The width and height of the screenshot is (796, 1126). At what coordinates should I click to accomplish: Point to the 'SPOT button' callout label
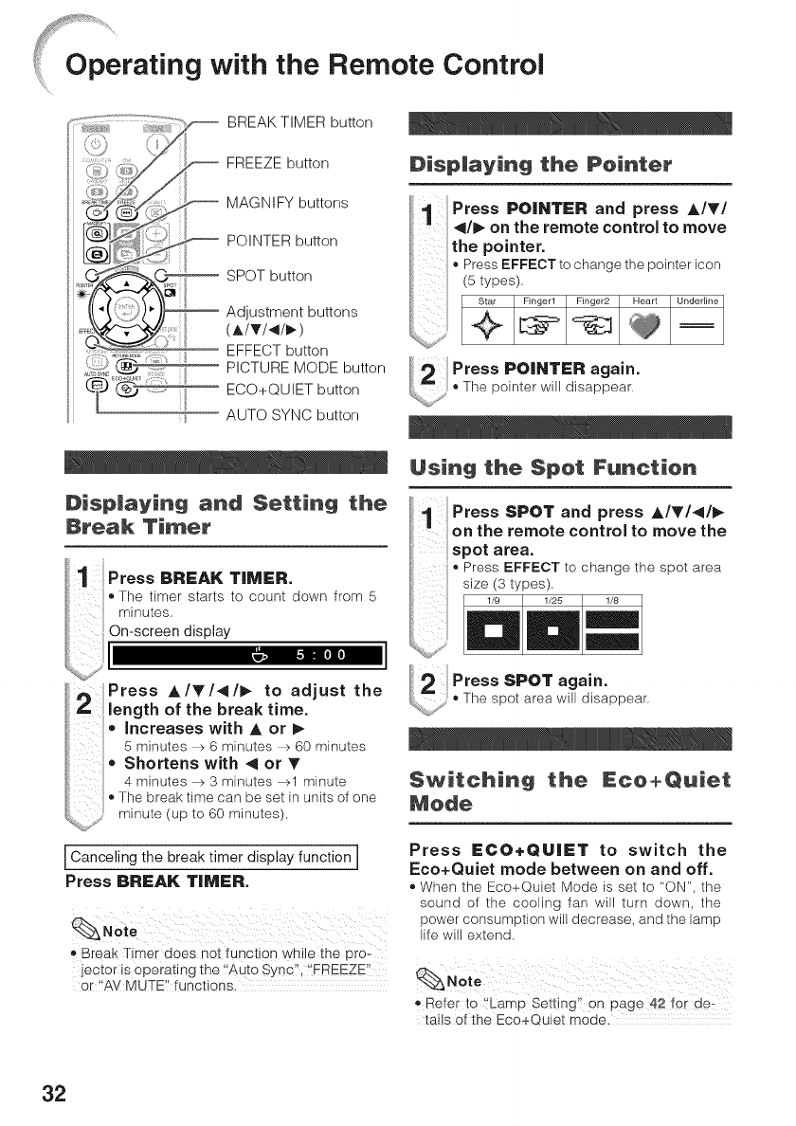tap(270, 276)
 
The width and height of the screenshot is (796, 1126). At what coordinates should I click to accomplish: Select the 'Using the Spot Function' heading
tap(552, 467)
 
